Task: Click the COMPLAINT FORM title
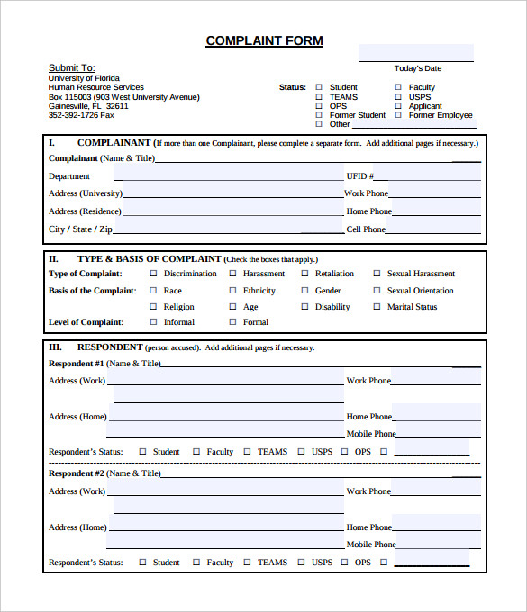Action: (x=264, y=40)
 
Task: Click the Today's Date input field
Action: (x=416, y=52)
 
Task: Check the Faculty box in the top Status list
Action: (x=398, y=87)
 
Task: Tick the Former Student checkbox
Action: (x=318, y=115)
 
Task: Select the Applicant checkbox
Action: (x=398, y=106)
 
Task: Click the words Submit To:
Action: (x=71, y=67)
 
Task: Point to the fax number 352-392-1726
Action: (x=80, y=115)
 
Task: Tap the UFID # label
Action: (x=359, y=176)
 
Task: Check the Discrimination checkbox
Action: (x=153, y=274)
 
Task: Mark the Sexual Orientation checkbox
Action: (x=377, y=291)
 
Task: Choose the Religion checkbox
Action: (x=153, y=307)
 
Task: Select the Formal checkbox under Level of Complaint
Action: (x=232, y=322)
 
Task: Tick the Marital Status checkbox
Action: (x=377, y=307)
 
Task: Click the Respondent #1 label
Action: (x=76, y=364)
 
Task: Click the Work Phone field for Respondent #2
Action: (x=436, y=490)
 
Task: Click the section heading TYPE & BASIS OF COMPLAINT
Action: (x=149, y=258)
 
